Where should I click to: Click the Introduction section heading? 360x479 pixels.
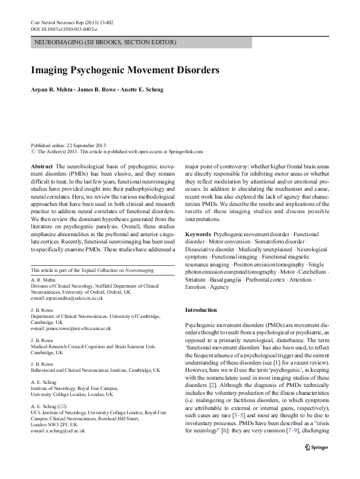[x=199, y=310]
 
